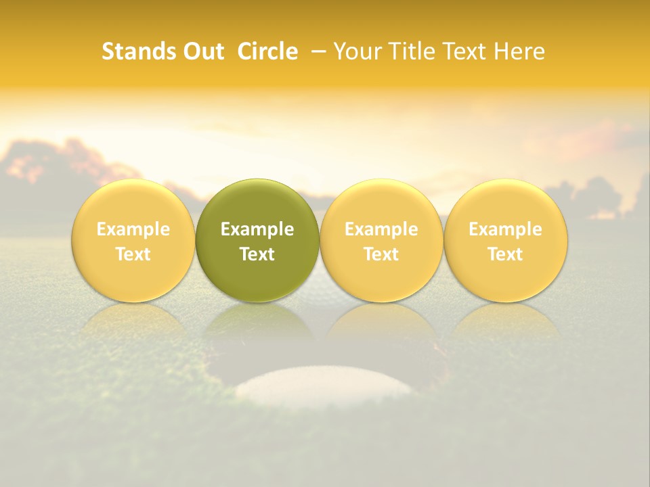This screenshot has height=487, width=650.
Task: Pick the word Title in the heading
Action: [x=409, y=51]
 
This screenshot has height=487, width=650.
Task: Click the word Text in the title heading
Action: [x=467, y=51]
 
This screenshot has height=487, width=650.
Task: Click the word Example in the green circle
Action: [x=257, y=229]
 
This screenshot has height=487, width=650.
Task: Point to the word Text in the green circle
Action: [x=257, y=254]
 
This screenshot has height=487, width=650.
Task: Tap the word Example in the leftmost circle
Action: [x=133, y=229]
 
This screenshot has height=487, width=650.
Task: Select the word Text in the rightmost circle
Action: [x=505, y=254]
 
